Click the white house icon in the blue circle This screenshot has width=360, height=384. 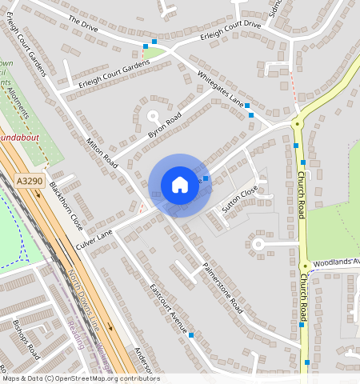(x=180, y=185)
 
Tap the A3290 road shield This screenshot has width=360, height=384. (x=29, y=182)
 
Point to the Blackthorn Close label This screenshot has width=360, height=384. (x=66, y=206)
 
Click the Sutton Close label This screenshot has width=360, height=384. (x=240, y=197)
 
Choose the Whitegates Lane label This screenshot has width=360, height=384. (x=221, y=88)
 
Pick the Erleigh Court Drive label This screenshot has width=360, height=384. (x=231, y=25)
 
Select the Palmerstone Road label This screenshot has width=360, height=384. (x=222, y=286)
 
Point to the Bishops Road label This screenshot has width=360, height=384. (x=26, y=339)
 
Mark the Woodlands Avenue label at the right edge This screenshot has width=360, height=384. (x=336, y=262)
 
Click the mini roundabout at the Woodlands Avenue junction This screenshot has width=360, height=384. (x=305, y=266)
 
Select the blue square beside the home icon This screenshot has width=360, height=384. (x=206, y=178)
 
